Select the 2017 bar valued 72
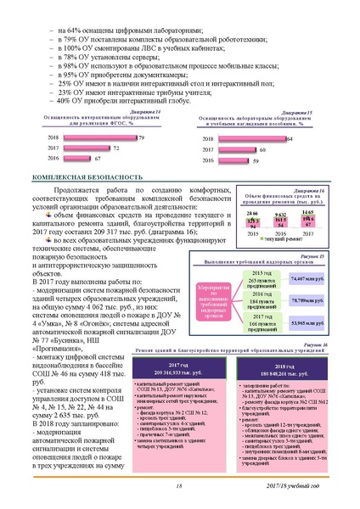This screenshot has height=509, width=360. coord(97,148)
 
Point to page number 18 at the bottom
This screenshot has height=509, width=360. coord(178,485)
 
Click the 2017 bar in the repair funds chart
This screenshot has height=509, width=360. coord(282,223)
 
